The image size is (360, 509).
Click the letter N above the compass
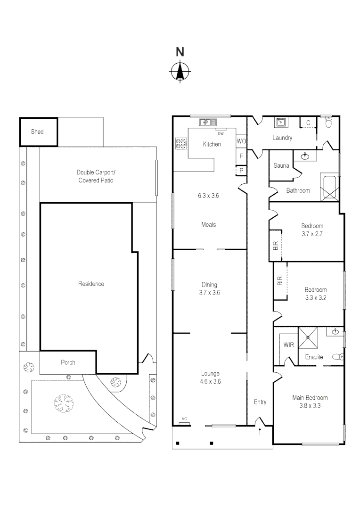click(x=180, y=52)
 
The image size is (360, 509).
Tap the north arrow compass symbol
click(x=180, y=72)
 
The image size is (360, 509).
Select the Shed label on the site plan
click(x=37, y=131)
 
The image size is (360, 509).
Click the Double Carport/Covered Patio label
click(x=96, y=176)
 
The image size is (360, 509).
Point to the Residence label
click(x=91, y=284)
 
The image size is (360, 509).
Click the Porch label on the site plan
click(x=68, y=362)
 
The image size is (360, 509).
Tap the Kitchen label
click(x=212, y=144)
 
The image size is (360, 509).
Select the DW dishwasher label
click(x=221, y=133)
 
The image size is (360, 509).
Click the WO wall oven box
click(x=241, y=141)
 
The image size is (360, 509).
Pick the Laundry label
click(x=282, y=138)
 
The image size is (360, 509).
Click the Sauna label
click(x=281, y=166)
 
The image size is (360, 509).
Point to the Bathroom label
click(x=298, y=190)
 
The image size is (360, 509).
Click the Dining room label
click(x=209, y=285)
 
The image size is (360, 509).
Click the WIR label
click(x=288, y=345)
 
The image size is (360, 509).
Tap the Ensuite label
click(x=314, y=357)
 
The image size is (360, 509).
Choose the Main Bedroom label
click(x=310, y=398)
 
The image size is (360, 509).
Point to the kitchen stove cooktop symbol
click(x=180, y=144)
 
